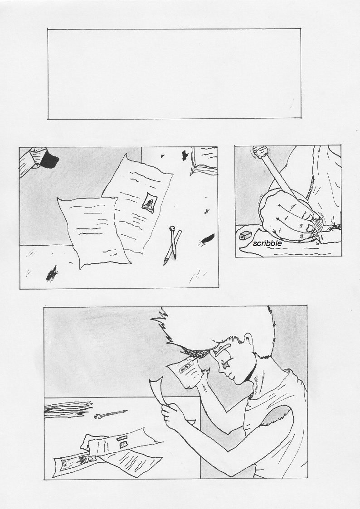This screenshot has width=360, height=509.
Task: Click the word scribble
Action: [267, 243]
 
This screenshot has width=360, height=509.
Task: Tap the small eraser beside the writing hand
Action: [244, 235]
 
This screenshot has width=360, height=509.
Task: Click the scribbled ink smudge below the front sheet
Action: [51, 274]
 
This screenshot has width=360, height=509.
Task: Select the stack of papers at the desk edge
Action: [67, 409]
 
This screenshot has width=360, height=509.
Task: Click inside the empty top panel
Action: [174, 74]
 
